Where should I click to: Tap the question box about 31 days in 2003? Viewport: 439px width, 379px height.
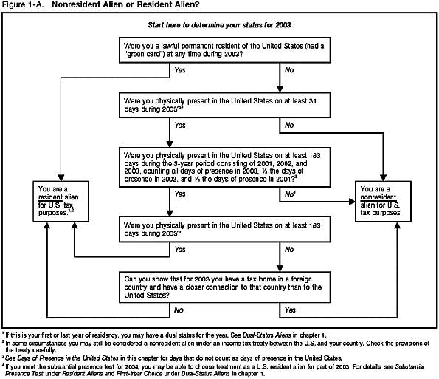tap(219, 103)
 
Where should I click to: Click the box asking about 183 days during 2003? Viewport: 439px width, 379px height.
tap(219, 227)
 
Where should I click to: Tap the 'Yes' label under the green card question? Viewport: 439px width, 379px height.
tap(179, 70)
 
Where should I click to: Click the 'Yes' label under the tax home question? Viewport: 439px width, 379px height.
tap(290, 311)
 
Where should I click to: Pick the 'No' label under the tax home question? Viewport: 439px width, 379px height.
tap(179, 311)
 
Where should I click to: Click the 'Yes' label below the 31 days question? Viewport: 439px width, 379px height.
tap(180, 126)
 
